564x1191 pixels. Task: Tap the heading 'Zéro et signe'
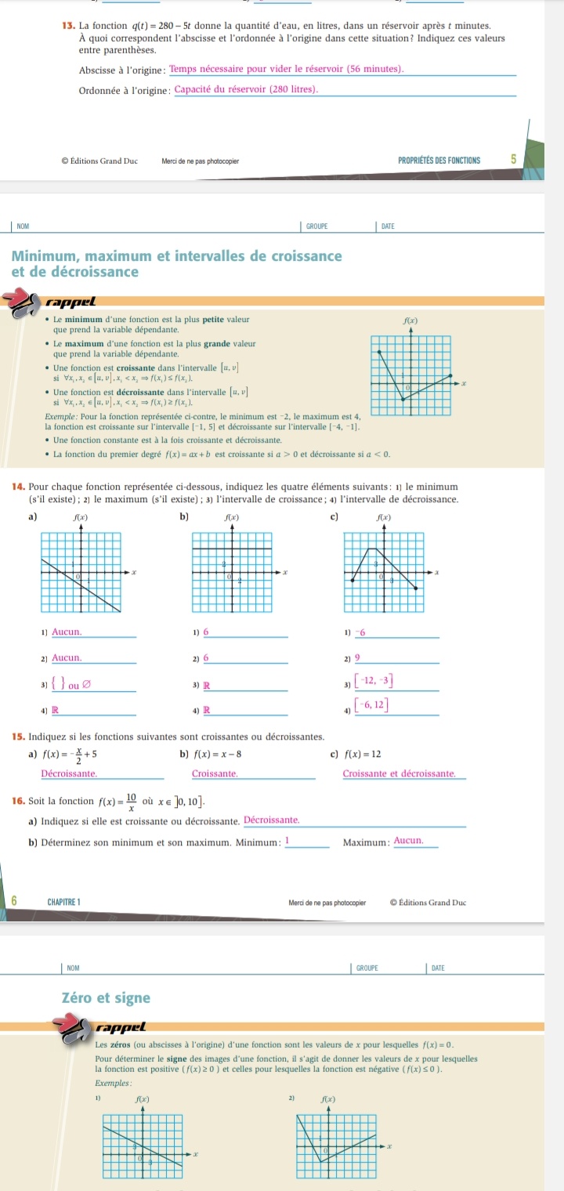pos(105,997)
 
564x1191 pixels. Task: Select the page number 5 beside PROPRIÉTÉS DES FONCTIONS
pos(514,160)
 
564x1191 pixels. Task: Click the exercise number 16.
pos(20,800)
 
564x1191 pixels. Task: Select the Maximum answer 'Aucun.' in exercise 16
pos(408,840)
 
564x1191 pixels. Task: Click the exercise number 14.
pos(20,465)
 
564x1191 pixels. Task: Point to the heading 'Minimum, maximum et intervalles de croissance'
pos(175,257)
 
